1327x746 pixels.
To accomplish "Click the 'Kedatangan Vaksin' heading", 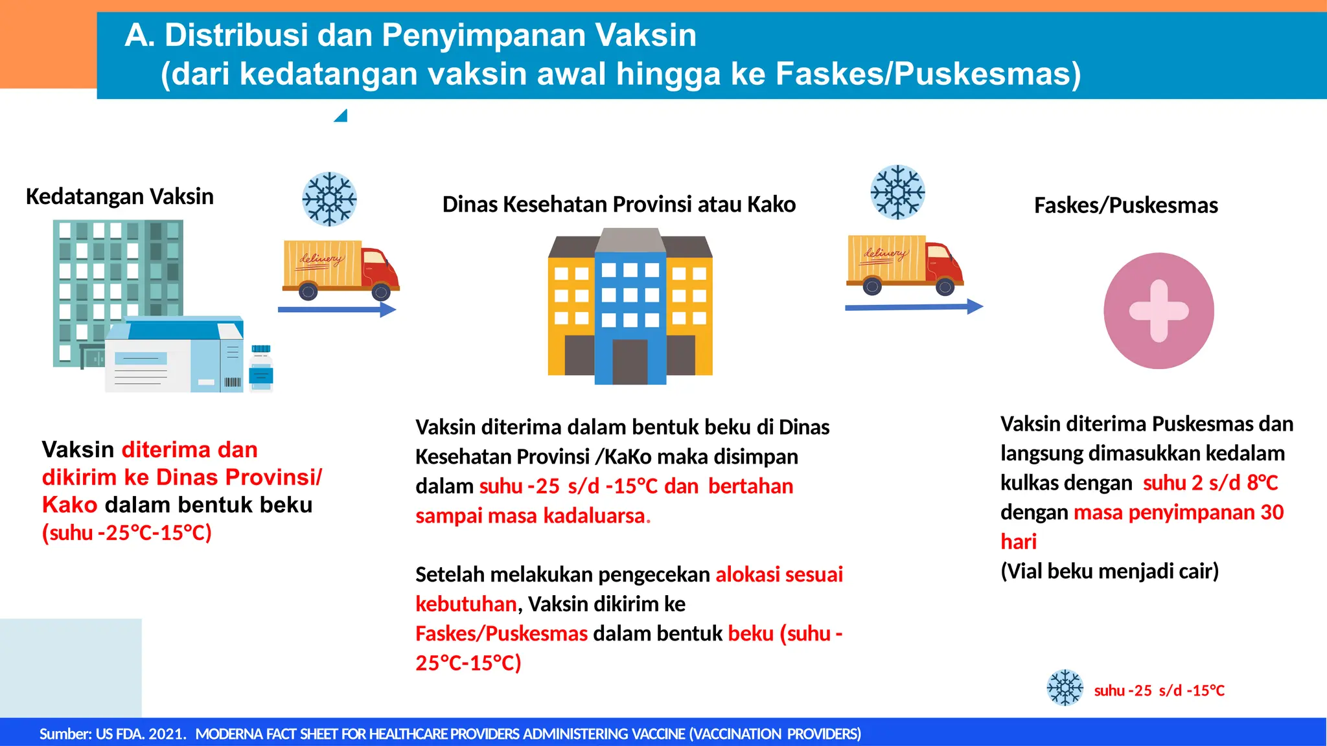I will tap(120, 196).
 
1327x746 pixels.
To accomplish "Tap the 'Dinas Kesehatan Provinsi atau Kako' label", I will tap(619, 205).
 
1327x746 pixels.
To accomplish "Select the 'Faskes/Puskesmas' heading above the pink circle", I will tap(1125, 205).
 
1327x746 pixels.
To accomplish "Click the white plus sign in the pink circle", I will tap(1159, 311).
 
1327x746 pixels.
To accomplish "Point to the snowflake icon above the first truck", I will tap(329, 199).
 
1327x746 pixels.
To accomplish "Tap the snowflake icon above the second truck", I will tap(897, 192).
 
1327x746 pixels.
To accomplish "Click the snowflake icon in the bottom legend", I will tap(1065, 688).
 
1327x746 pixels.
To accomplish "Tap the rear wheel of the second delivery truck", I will tap(872, 286).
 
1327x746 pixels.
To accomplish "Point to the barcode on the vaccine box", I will tap(232, 382).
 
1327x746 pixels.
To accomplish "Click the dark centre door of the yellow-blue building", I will tap(630, 361).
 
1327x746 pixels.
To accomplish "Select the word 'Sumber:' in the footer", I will tap(65, 734).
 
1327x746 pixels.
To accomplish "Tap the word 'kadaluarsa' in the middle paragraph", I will tap(594, 516).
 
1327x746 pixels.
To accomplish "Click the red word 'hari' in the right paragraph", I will tap(1019, 541).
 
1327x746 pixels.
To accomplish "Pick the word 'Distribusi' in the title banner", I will tap(236, 35).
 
